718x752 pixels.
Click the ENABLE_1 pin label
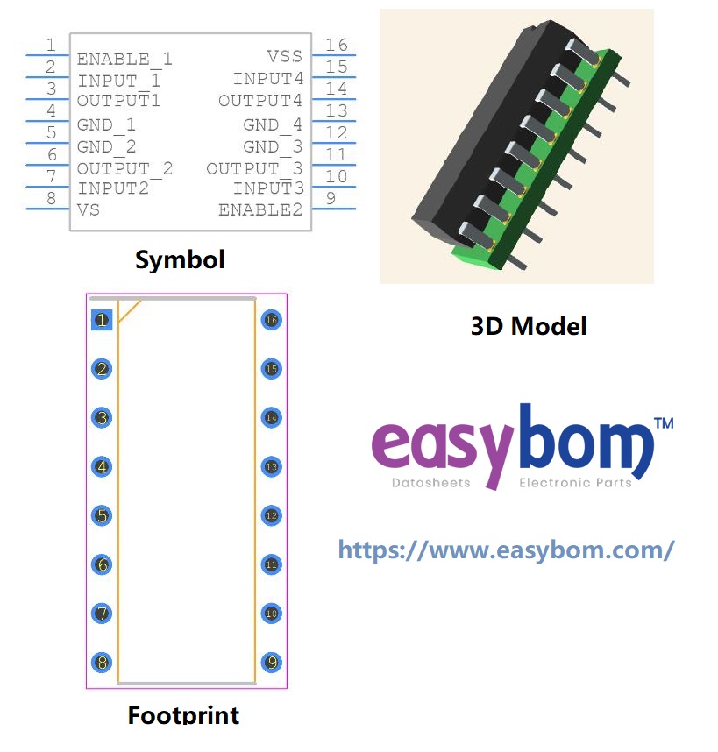pos(124,59)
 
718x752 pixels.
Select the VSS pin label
pos(284,57)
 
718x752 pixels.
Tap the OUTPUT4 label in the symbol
pos(260,101)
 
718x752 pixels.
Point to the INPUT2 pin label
pos(113,188)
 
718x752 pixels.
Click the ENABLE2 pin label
pos(260,209)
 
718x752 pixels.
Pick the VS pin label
pos(89,209)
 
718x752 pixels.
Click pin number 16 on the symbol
pos(336,45)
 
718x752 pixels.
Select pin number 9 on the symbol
pos(331,198)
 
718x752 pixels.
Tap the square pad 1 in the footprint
pos(103,320)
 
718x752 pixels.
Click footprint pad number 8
pos(103,663)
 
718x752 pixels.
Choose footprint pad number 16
pos(271,320)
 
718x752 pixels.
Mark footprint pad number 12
pos(271,516)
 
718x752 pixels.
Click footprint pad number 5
pos(103,516)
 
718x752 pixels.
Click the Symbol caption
pos(180,259)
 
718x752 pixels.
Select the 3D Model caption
pos(529,326)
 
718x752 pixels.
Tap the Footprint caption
pos(183,714)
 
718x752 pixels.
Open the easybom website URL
pos(506,550)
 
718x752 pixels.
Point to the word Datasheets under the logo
pos(430,483)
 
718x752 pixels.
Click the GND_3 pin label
pos(273,146)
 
